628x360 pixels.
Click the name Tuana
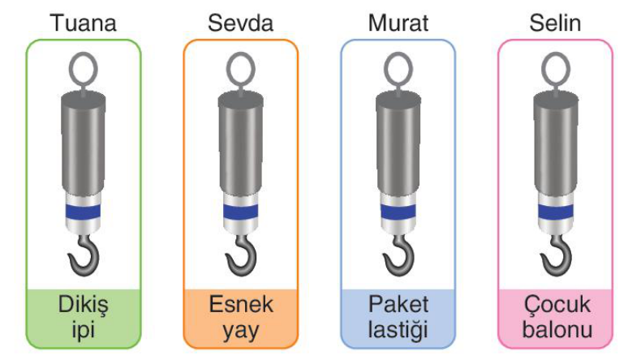pos(84,23)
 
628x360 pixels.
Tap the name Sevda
pos(240,23)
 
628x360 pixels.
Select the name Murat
pos(398,23)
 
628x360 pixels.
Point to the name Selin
pos(555,23)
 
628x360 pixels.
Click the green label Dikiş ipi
pos(84,318)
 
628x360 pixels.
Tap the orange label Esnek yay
pos(241,318)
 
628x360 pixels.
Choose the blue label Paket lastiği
pos(398,318)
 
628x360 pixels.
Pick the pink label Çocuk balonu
pos(557,318)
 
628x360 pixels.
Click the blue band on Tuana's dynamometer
pos(84,212)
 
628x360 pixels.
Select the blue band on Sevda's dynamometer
pos(240,212)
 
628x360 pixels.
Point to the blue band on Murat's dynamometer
pos(398,212)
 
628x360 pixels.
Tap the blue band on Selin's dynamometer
pos(556,212)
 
